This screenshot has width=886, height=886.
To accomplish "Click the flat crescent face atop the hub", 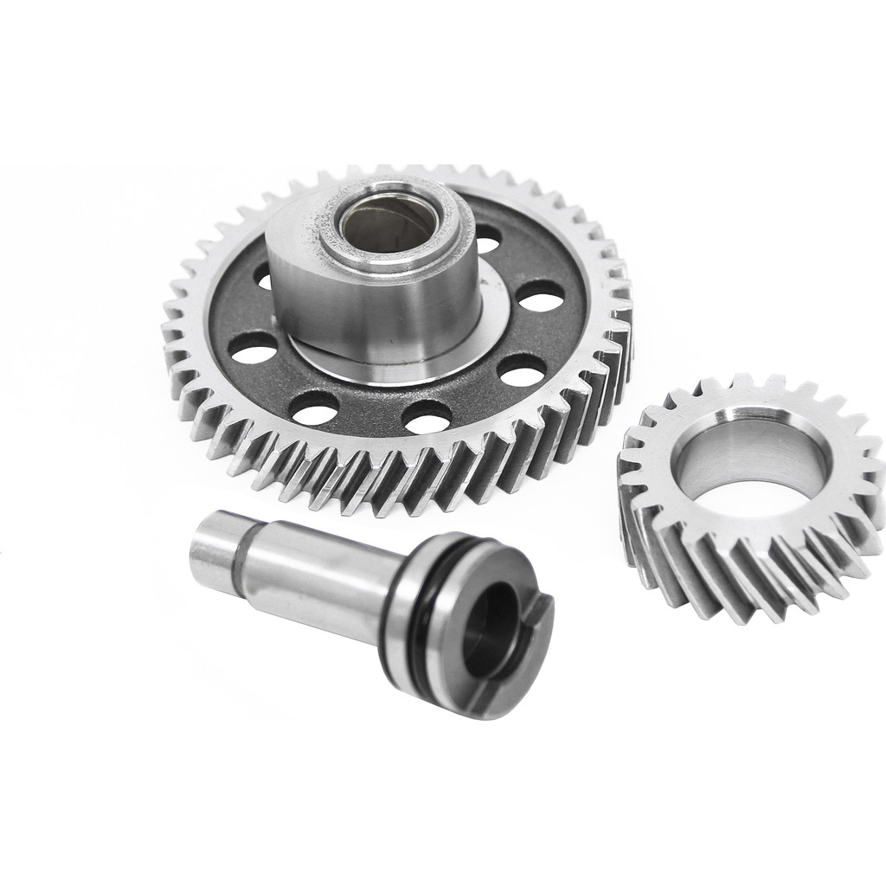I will coord(290,234).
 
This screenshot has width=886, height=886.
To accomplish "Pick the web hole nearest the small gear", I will coord(522,371).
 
